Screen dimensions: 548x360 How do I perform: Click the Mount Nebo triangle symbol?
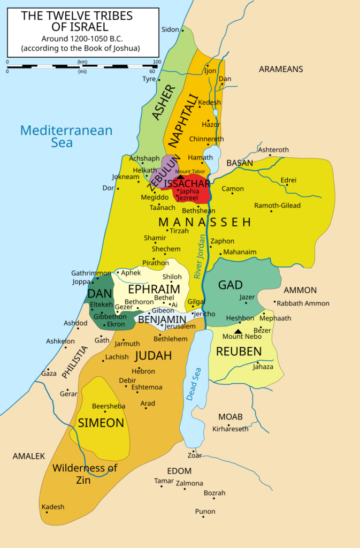click(238, 331)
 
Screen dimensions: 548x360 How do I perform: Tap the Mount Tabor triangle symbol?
click(181, 177)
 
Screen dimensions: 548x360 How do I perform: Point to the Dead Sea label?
click(194, 384)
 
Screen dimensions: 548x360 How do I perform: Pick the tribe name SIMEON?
click(101, 423)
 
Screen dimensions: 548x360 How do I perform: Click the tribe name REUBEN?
click(239, 352)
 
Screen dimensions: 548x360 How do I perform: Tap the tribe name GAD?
click(230, 285)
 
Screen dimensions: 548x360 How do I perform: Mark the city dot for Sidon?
click(182, 30)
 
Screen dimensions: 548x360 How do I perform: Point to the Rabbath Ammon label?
click(303, 303)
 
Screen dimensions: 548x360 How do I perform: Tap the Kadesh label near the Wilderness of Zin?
click(53, 507)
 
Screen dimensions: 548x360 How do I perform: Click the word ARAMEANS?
click(281, 69)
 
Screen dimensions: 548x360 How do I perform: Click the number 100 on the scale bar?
click(157, 62)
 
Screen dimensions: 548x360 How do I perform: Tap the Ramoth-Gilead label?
click(277, 205)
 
